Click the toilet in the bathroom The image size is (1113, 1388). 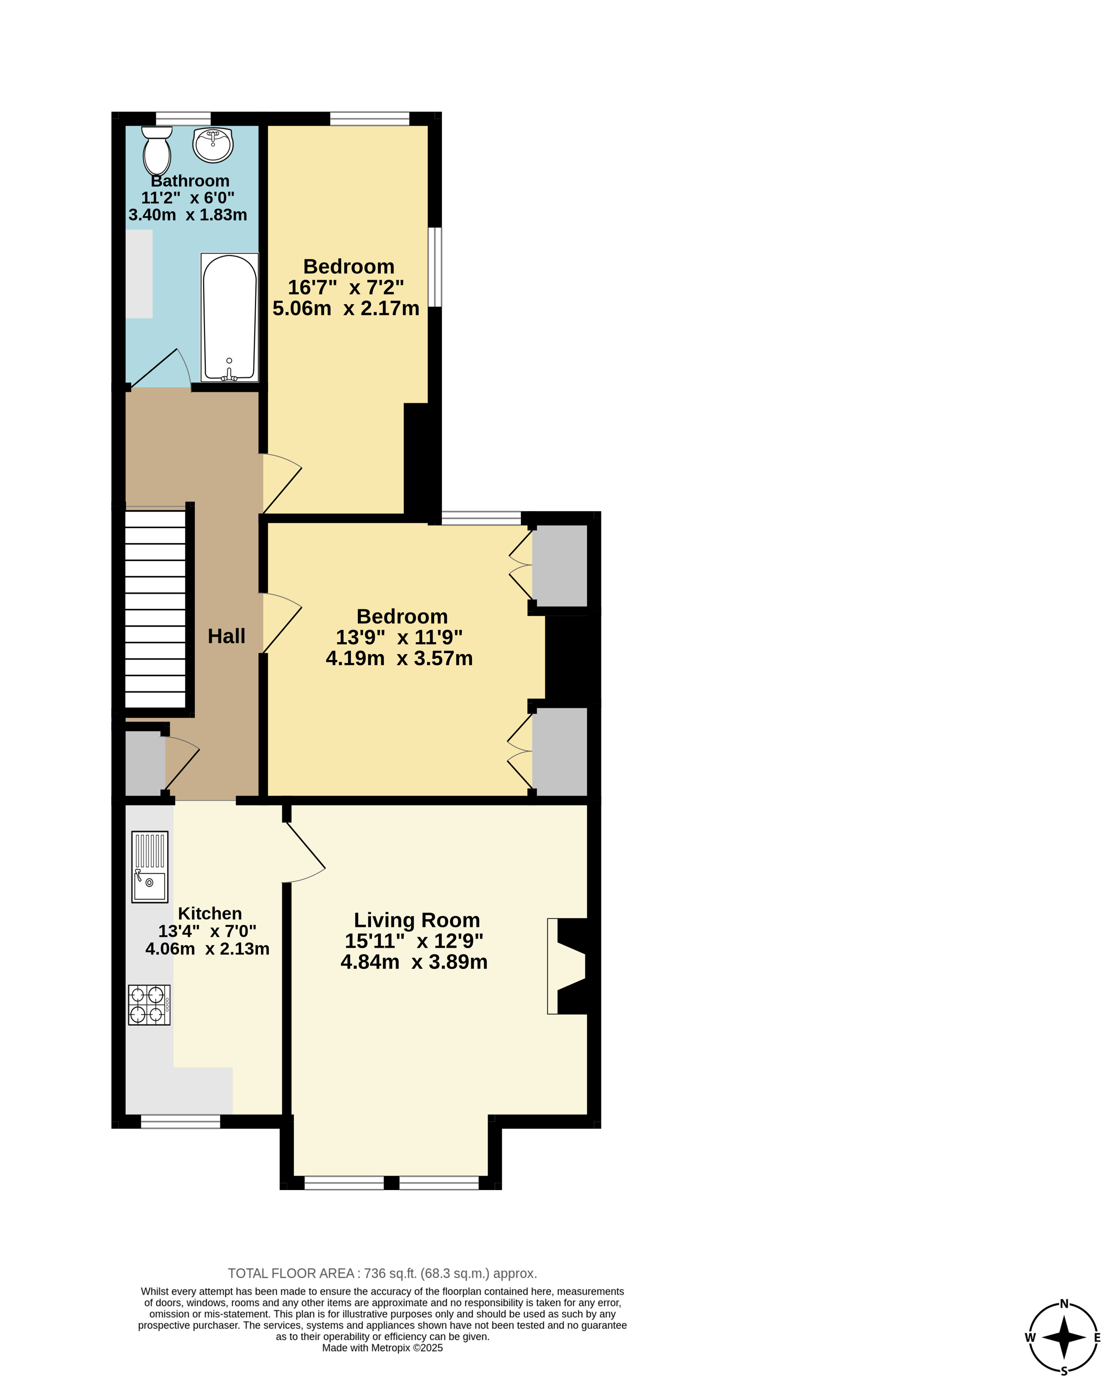pyautogui.click(x=157, y=150)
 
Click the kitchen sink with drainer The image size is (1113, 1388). pyautogui.click(x=150, y=867)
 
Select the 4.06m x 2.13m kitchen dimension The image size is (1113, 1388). pyautogui.click(x=207, y=948)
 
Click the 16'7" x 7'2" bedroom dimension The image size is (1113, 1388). pyautogui.click(x=346, y=287)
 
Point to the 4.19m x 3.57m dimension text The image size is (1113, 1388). pyautogui.click(x=399, y=658)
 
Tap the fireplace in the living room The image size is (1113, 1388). pyautogui.click(x=568, y=966)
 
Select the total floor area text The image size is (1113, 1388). pyautogui.click(x=383, y=1273)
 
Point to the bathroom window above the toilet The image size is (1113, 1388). pyautogui.click(x=183, y=119)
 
